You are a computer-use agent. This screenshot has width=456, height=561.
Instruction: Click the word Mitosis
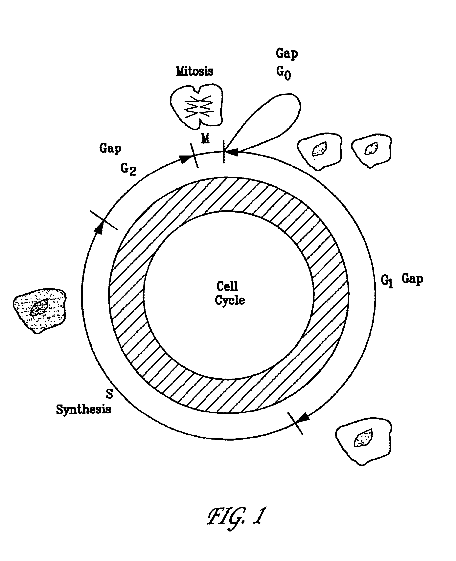click(x=195, y=71)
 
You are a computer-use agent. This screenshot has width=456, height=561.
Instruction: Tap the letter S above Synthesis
click(x=109, y=394)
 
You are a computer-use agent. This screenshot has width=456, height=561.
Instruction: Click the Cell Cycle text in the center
click(x=230, y=293)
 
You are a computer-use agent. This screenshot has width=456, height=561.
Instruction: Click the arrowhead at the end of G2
click(x=184, y=158)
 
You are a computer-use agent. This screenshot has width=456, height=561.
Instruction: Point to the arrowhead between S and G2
click(x=99, y=228)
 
